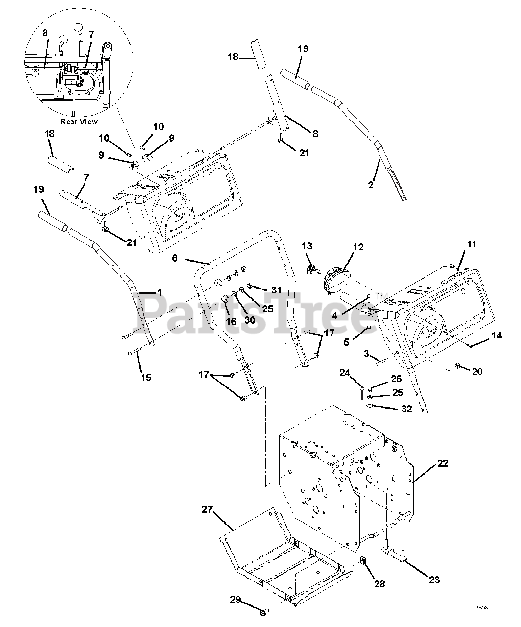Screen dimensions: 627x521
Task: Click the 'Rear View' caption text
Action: point(78,121)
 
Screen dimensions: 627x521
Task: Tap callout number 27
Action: point(207,510)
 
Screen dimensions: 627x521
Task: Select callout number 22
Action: point(442,463)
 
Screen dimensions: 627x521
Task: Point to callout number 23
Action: point(434,580)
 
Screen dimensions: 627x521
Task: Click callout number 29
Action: point(236,599)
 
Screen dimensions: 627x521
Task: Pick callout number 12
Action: point(358,247)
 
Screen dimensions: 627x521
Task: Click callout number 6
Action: point(175,257)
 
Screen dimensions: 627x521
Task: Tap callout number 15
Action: point(146,378)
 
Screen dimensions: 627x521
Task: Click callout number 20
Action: point(477,372)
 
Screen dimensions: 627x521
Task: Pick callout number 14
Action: point(497,336)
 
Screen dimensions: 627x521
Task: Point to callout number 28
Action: point(379,584)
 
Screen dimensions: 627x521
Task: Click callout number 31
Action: point(277,290)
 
